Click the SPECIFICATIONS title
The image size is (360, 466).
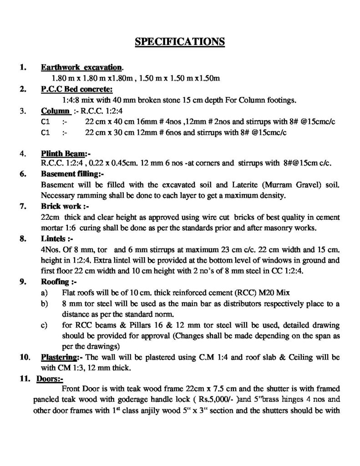pos(180,42)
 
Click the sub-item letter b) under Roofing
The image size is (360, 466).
pos(44,302)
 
